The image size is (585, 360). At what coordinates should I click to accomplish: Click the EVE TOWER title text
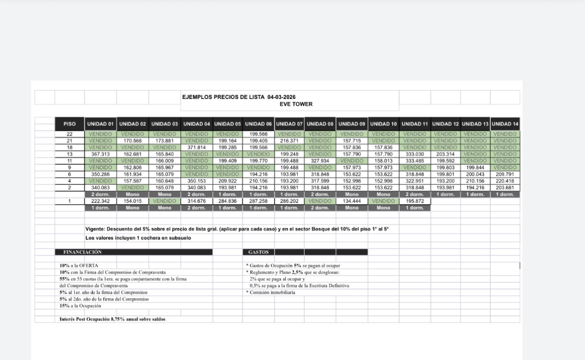point(296,104)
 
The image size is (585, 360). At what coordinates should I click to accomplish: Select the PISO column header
point(70,124)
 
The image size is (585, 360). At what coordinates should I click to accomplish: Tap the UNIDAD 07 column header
point(290,124)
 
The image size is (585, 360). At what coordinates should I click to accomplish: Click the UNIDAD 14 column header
point(505,124)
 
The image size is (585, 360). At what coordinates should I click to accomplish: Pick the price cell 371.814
point(197,147)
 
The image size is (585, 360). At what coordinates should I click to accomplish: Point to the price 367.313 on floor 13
point(101,154)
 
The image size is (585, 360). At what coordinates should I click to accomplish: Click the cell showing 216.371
point(290,140)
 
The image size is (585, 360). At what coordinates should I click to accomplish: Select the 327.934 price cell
point(320,160)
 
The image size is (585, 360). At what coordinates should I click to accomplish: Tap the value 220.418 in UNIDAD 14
point(505,181)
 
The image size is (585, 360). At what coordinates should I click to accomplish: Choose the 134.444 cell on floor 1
point(351,201)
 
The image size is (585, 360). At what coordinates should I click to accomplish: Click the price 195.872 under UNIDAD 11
point(415,201)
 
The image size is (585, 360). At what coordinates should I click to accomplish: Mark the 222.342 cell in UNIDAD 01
point(101,201)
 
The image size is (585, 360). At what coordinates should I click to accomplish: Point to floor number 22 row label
point(70,134)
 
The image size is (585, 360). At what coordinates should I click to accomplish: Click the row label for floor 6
point(70,174)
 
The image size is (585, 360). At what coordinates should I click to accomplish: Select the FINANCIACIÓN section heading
point(82,252)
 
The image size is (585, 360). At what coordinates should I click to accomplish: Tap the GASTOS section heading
point(258,252)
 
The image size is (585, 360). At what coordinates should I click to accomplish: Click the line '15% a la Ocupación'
point(80,306)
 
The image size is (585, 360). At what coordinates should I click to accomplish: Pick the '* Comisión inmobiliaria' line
point(271,292)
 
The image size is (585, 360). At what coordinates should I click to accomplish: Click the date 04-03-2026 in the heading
point(281,97)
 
